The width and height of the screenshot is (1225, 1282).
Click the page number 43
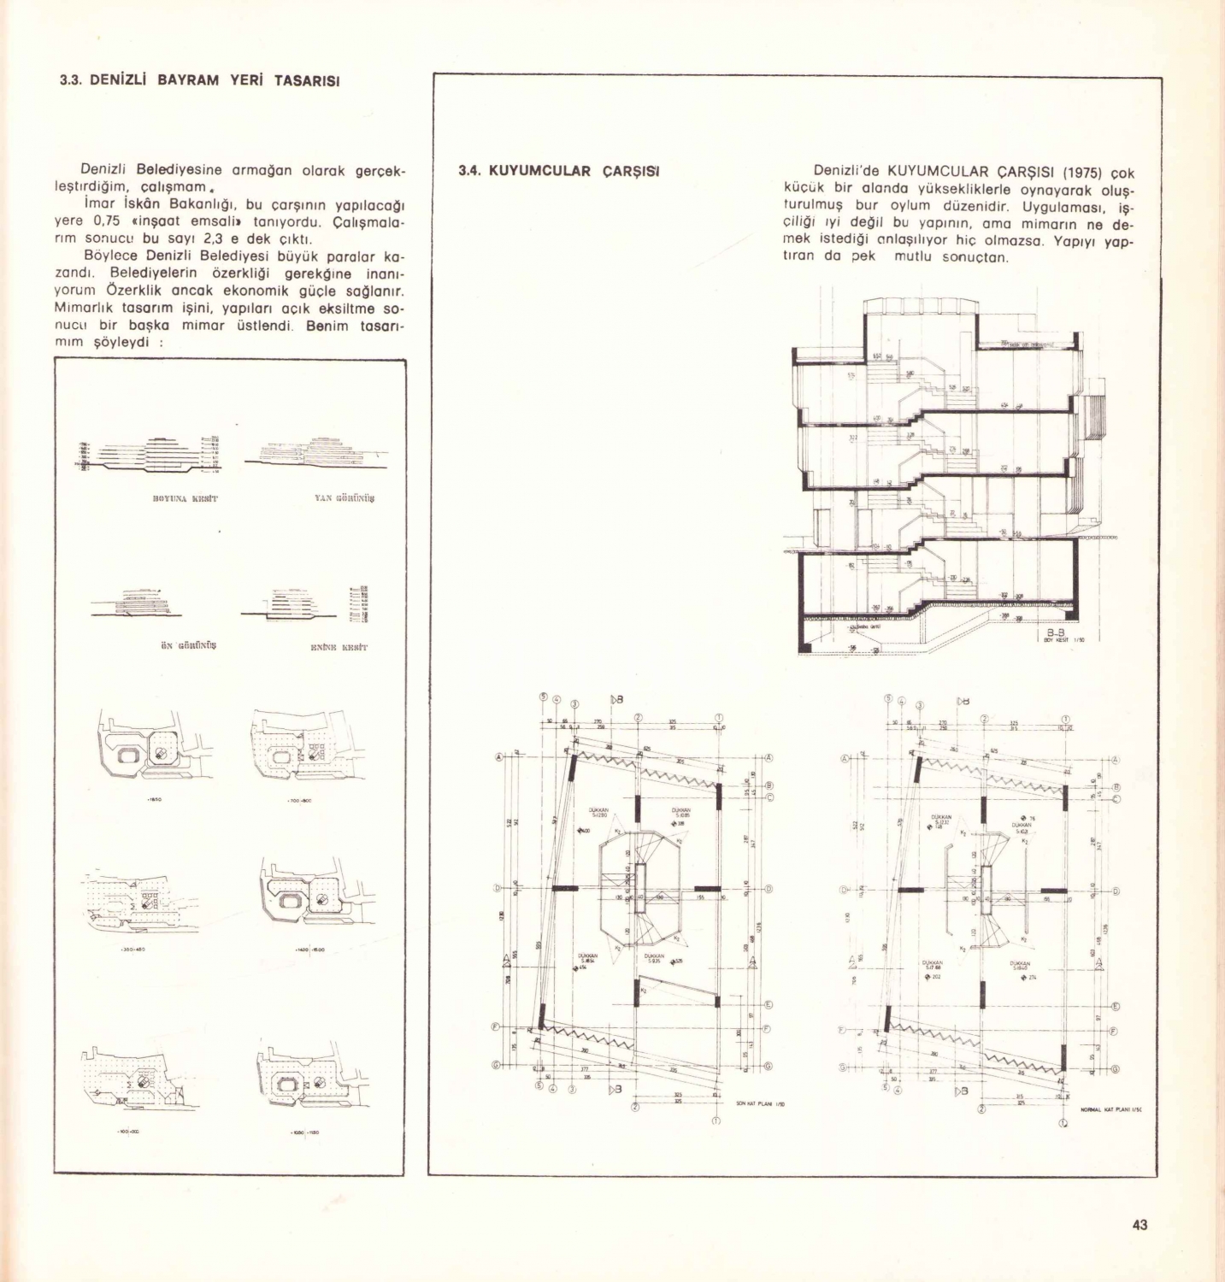tap(1140, 1225)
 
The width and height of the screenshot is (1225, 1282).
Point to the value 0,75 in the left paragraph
tap(104, 221)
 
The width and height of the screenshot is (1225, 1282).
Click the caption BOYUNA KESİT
tap(186, 497)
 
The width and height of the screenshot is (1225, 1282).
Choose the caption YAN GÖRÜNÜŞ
tap(345, 497)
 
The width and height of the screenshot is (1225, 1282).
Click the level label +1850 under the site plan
tap(156, 800)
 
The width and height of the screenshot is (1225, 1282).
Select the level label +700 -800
tap(299, 801)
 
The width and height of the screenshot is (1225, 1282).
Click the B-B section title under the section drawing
tap(1054, 633)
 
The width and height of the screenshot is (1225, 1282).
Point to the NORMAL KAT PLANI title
tap(1110, 1109)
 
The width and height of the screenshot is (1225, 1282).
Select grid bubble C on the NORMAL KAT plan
tap(1116, 798)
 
